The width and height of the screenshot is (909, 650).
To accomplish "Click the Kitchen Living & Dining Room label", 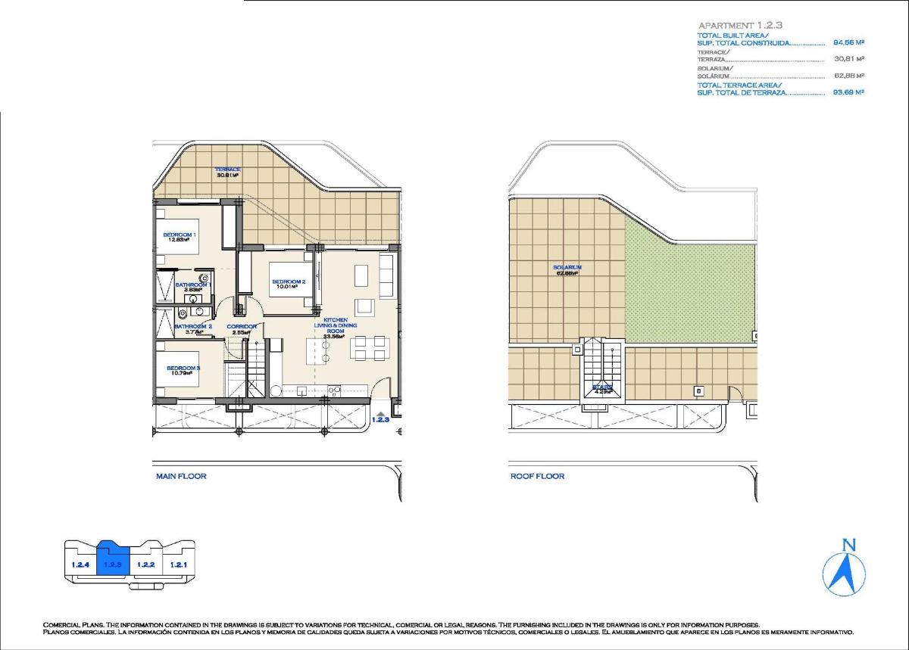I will pyautogui.click(x=335, y=326).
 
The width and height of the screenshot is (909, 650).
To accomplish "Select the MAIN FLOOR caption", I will pyautogui.click(x=181, y=476).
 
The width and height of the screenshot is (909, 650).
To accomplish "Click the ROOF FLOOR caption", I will pyautogui.click(x=537, y=476).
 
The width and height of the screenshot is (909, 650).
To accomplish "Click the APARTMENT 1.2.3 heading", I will pyautogui.click(x=741, y=25).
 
